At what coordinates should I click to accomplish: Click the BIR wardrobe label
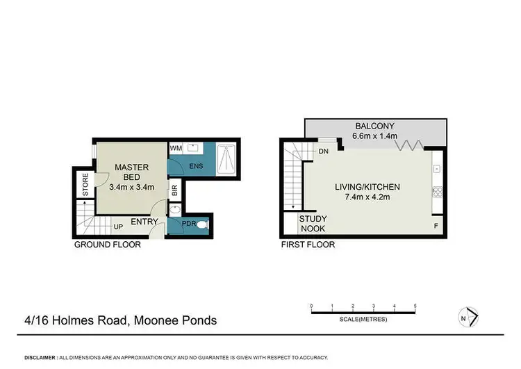coord(175,188)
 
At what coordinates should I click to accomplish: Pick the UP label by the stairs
coord(119,227)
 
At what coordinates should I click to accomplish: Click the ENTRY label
coord(144,222)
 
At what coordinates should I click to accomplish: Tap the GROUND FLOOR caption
coord(108,245)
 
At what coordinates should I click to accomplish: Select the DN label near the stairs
coord(323,151)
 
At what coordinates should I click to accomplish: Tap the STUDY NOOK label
coord(313,223)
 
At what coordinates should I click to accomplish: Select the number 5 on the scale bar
coord(415,306)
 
